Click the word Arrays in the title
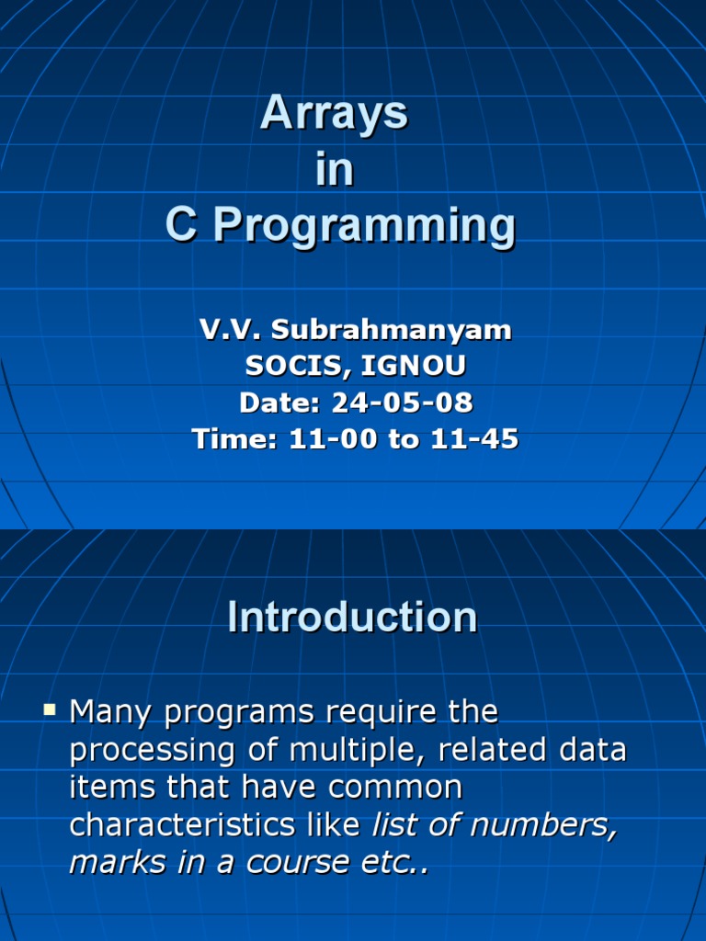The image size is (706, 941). tap(334, 114)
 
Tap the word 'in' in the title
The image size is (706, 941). tap(335, 169)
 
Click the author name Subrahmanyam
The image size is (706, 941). tap(392, 330)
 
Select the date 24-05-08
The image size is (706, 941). tap(403, 402)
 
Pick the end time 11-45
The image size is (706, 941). tap(474, 438)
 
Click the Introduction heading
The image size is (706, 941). tap(352, 617)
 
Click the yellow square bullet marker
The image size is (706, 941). tap(50, 710)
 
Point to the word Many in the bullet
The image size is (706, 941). tap(110, 713)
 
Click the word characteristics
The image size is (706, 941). tap(183, 824)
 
